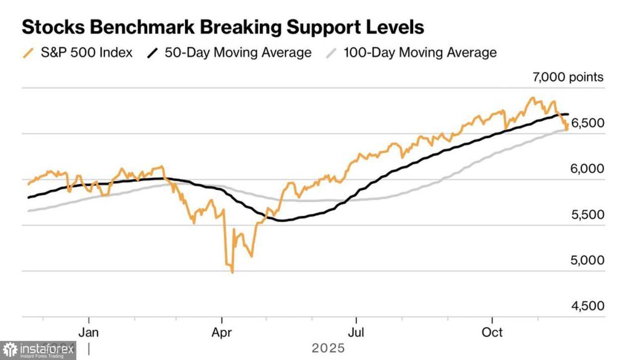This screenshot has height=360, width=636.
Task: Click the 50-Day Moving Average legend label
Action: pyautogui.click(x=238, y=52)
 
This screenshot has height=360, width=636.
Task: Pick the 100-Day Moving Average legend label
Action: pyautogui.click(x=420, y=52)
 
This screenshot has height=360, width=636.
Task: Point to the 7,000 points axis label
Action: pyautogui.click(x=568, y=77)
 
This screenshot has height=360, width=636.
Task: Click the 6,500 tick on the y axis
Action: pyautogui.click(x=587, y=123)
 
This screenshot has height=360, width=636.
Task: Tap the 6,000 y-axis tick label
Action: pyautogui.click(x=587, y=169)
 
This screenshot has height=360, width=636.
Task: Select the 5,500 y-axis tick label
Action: pyautogui.click(x=587, y=215)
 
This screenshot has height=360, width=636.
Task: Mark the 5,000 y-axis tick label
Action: pyautogui.click(x=587, y=260)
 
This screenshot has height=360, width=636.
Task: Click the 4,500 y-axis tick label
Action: pyautogui.click(x=587, y=306)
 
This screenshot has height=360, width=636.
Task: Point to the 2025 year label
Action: pyautogui.click(x=328, y=348)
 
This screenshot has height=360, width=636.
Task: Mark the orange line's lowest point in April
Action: pyautogui.click(x=232, y=272)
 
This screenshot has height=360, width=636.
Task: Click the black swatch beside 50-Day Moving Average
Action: pyautogui.click(x=154, y=53)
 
